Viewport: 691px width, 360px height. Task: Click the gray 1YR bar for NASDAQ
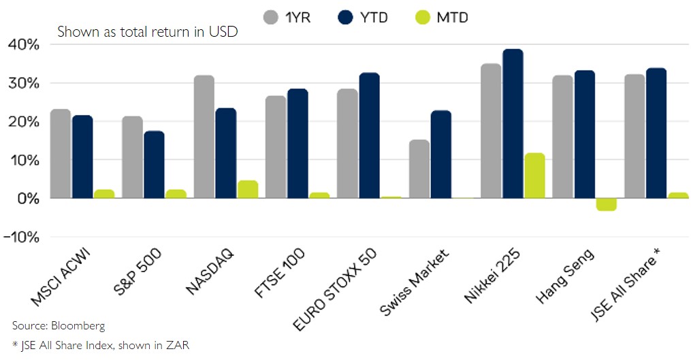(x=204, y=137)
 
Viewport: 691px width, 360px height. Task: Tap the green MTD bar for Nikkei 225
(x=534, y=176)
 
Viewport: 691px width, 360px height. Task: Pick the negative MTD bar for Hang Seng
(x=606, y=204)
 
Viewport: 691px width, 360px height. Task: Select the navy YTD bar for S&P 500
(x=153, y=165)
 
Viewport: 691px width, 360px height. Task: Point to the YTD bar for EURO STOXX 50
(x=369, y=135)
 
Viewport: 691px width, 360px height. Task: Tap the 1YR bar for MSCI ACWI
(x=61, y=154)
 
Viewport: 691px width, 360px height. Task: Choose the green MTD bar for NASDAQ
(x=248, y=189)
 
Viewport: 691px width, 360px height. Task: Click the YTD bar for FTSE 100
(x=297, y=144)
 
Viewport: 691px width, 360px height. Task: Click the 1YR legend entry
(x=287, y=17)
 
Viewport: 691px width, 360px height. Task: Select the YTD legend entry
(x=363, y=17)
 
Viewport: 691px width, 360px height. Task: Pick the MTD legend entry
(x=443, y=17)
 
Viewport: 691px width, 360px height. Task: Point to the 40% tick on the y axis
(x=24, y=45)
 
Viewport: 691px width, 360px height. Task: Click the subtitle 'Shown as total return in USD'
(x=147, y=32)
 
